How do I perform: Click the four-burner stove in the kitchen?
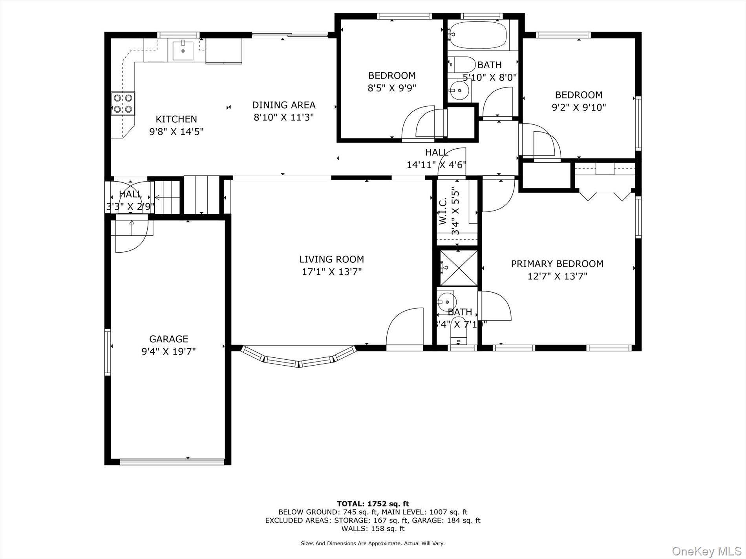click(123, 104)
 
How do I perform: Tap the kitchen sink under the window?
click(183, 50)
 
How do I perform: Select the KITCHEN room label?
click(176, 119)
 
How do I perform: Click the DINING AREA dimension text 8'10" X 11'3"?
click(283, 117)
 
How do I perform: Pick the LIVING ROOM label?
click(331, 259)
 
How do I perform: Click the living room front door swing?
click(405, 328)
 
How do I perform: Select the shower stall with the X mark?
click(458, 268)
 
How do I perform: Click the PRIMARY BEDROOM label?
click(557, 264)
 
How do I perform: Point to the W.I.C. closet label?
click(443, 211)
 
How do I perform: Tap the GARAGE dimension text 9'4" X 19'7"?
click(168, 351)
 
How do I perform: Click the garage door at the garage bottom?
click(172, 462)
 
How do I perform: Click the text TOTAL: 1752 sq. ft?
click(373, 504)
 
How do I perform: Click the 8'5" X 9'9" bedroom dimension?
click(391, 88)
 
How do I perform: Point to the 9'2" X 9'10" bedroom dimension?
click(579, 107)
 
